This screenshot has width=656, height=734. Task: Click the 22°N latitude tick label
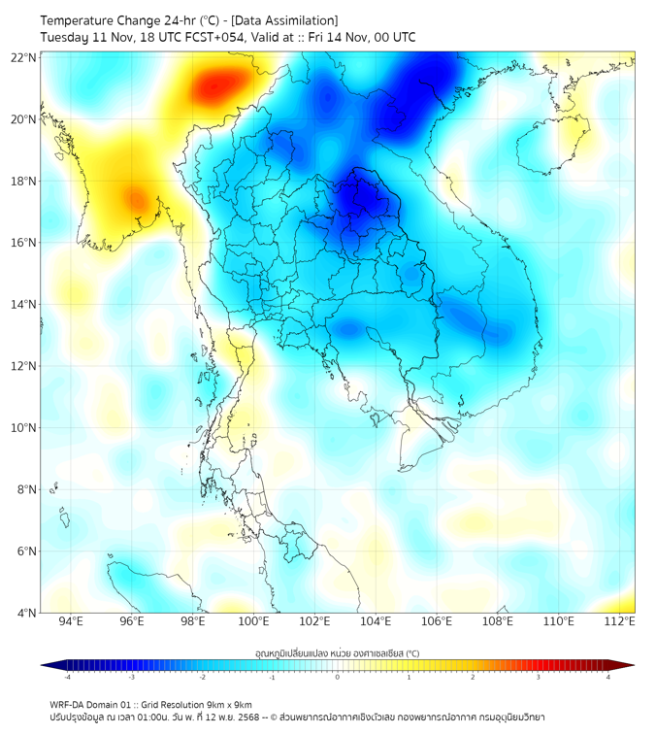(23, 57)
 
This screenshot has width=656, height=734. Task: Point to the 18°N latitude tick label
(23, 181)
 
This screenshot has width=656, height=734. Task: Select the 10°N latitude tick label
(23, 427)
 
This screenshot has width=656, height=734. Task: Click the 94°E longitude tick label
(71, 621)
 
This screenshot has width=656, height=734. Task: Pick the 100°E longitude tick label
(254, 621)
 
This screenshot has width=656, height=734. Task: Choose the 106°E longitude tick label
(438, 621)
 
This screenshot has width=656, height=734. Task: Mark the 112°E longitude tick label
(621, 621)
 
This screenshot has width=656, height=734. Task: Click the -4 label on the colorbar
(67, 677)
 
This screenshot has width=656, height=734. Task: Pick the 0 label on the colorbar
(338, 677)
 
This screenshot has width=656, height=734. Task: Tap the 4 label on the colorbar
(608, 677)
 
